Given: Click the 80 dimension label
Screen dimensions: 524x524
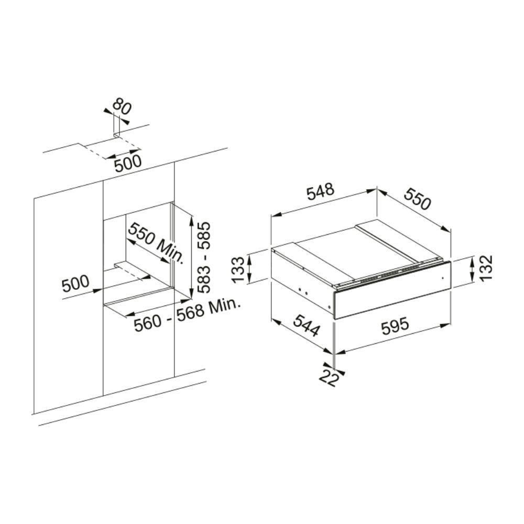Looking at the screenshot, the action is [x=122, y=106].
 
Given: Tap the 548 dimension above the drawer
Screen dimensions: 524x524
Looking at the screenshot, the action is [x=321, y=191].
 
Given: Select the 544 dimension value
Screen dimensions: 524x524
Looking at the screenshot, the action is [x=307, y=326].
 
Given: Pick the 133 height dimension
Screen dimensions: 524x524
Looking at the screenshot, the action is [x=238, y=269].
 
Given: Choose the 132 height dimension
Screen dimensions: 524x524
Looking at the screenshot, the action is [x=486, y=268].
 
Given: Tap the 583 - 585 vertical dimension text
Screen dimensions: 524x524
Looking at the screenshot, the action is [x=203, y=257].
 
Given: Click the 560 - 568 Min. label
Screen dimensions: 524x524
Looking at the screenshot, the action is [x=188, y=315].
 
